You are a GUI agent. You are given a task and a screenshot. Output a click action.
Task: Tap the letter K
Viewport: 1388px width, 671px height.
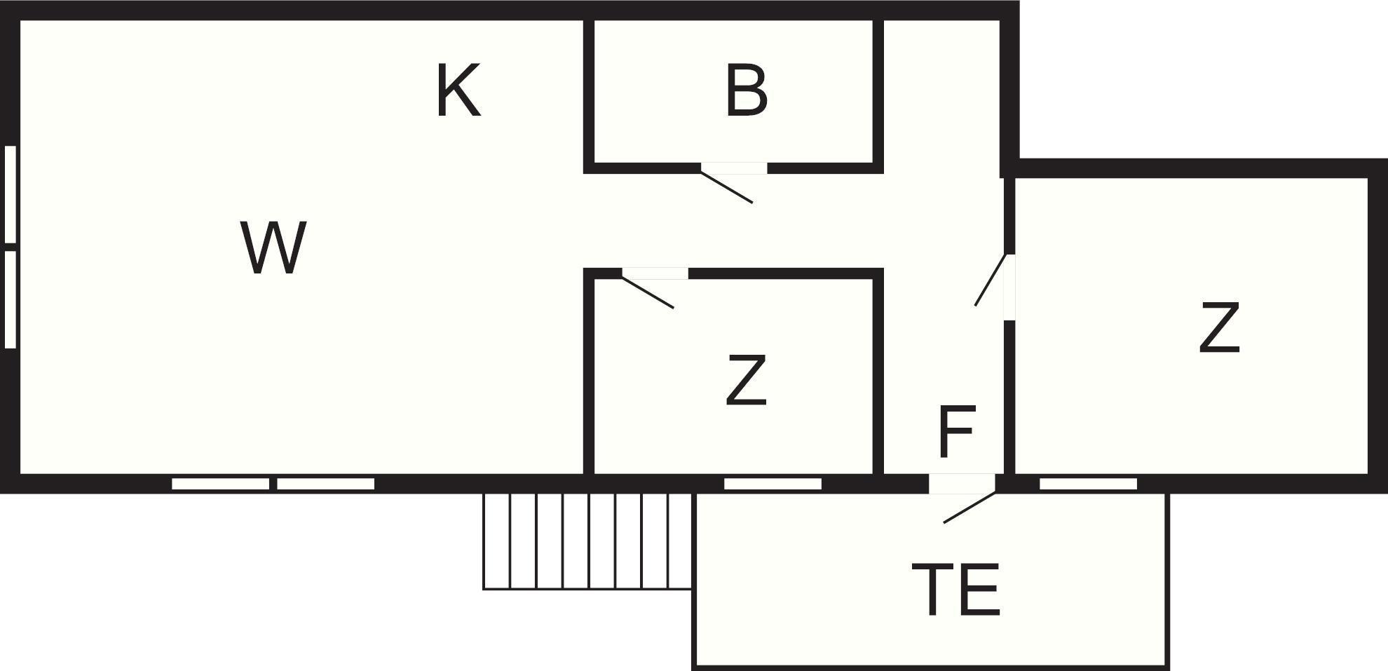[x=458, y=90]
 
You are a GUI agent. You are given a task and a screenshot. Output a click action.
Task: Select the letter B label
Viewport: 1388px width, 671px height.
[x=746, y=90]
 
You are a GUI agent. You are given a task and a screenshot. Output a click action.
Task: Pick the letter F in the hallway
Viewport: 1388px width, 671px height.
[x=956, y=431]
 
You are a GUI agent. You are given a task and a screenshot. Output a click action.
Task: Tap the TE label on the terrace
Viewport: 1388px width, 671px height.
[x=956, y=590]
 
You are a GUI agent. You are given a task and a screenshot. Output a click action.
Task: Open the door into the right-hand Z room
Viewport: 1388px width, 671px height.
[x=991, y=280]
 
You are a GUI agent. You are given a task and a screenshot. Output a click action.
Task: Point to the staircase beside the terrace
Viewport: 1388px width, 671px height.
[x=587, y=541]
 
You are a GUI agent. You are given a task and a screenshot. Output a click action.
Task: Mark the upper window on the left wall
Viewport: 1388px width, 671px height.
[x=10, y=194]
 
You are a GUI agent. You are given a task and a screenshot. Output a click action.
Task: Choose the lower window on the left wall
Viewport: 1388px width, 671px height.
[x=10, y=299]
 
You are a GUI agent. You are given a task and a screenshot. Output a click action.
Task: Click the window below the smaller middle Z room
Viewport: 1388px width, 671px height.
[x=773, y=484]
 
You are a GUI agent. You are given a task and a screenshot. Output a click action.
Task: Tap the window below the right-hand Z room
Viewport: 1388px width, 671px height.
[x=1088, y=484]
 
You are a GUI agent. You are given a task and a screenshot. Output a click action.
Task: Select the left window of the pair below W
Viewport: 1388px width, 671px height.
[x=221, y=484]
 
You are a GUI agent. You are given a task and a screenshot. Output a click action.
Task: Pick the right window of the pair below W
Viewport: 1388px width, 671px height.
[x=326, y=484]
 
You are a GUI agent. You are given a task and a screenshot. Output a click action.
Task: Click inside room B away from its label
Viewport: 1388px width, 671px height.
[x=820, y=133]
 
